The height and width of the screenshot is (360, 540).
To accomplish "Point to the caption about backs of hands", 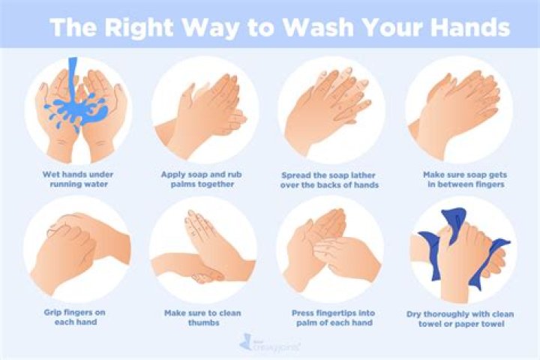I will [331, 179].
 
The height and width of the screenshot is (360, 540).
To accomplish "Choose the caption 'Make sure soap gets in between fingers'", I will [459, 179].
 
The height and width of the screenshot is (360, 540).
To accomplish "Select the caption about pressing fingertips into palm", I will [331, 317].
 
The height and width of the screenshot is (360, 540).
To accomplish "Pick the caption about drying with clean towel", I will [459, 317].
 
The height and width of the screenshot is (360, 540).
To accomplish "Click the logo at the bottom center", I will [269, 343].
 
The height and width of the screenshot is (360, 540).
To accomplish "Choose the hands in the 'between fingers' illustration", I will [459, 109].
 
